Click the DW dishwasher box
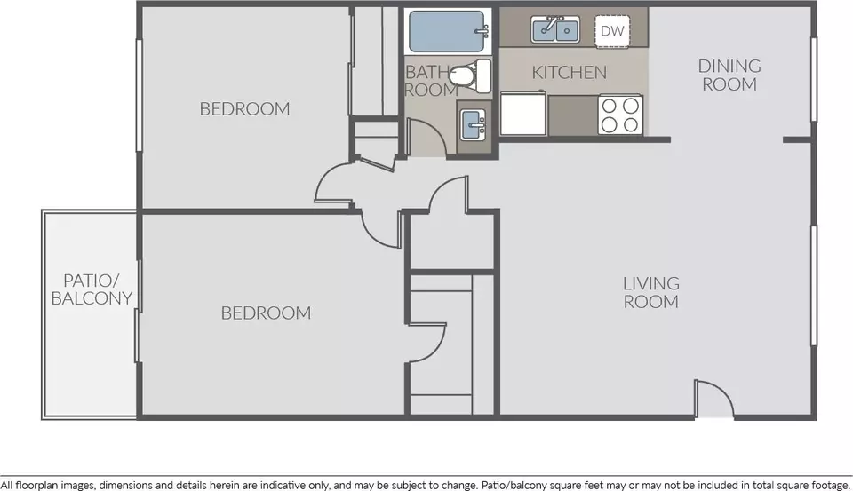612,32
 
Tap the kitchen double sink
555,29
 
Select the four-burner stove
620,115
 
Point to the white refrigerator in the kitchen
522,114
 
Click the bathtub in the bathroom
448,31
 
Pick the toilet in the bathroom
471,76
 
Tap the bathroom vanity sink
474,124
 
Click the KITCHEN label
569,72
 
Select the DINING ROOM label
729,75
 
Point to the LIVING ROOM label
651,292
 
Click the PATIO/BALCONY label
92,289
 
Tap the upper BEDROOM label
245,108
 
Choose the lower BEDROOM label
266,313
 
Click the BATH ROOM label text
432,81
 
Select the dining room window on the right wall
815,79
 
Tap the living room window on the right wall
815,286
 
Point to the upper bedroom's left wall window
139,95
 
